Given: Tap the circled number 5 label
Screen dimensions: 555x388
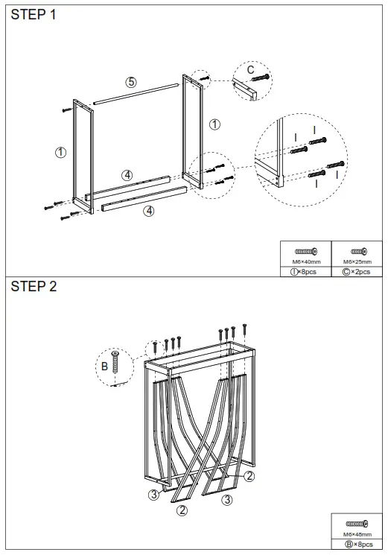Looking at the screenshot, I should click(x=131, y=82).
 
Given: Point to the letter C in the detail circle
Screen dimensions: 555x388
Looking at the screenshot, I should click(x=251, y=70).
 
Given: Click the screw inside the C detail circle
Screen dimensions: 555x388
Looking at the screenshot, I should click(x=260, y=77).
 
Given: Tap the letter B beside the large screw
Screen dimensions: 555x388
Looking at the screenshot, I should click(x=104, y=366).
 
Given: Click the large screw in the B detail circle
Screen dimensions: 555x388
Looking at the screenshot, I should click(x=115, y=364).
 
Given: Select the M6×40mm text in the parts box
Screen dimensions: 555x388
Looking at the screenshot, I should click(x=306, y=262).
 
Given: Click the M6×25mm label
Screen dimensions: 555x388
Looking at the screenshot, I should click(x=356, y=262).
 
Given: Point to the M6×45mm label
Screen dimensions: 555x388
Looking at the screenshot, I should click(x=357, y=534).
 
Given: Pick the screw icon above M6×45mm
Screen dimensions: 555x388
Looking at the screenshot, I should click(x=357, y=524).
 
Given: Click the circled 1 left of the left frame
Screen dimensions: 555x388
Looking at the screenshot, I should click(x=61, y=152).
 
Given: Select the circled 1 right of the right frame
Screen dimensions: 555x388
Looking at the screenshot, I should click(x=215, y=124).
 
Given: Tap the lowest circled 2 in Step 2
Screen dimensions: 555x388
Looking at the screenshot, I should click(x=182, y=510).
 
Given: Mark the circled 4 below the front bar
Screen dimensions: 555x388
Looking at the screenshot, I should click(x=149, y=211).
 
